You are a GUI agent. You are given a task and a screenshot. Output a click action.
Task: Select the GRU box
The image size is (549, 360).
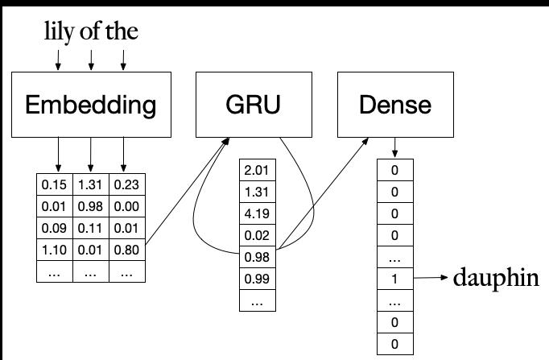click(x=246, y=105)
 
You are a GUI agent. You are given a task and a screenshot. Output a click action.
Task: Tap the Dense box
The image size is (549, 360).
click(x=394, y=105)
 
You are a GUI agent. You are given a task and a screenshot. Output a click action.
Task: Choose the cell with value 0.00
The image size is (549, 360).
click(x=126, y=206)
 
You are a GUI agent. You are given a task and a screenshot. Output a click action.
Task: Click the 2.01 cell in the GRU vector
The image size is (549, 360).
click(x=257, y=169)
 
